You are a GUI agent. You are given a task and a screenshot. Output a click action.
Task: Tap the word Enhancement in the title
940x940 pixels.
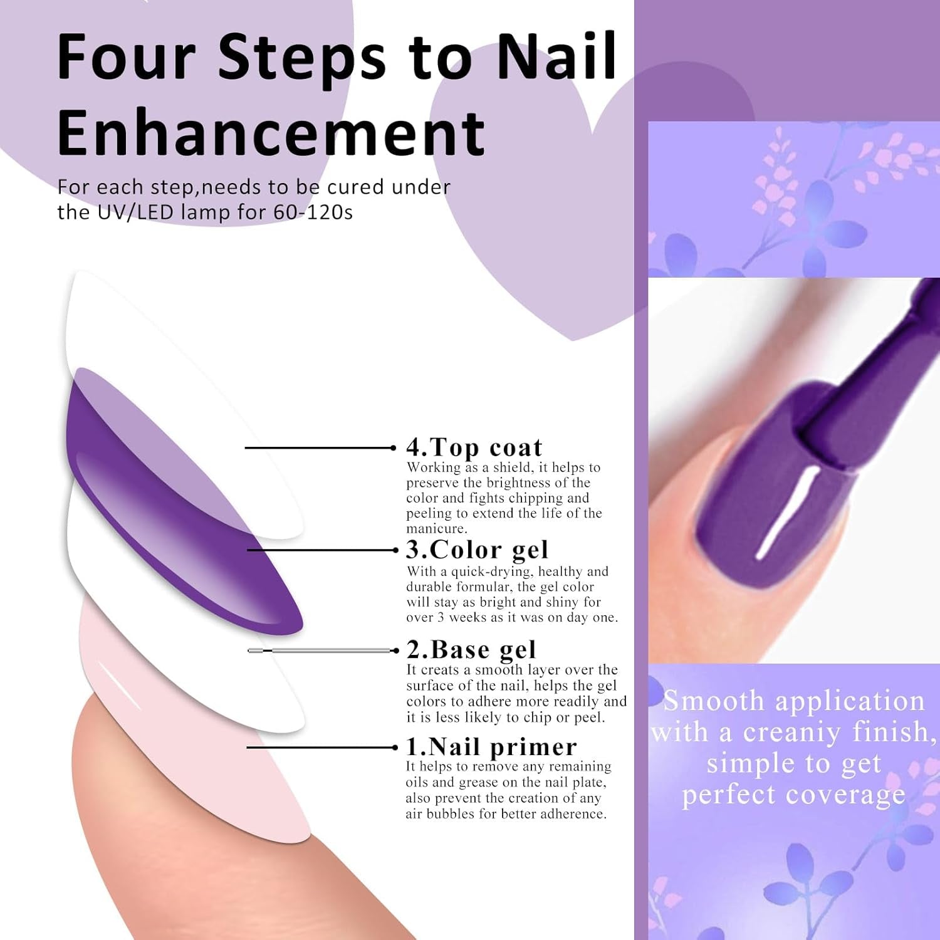[271, 132]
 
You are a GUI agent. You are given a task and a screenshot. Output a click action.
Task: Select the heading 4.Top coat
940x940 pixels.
[474, 447]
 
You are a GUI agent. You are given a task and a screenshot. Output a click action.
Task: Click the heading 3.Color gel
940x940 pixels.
[477, 550]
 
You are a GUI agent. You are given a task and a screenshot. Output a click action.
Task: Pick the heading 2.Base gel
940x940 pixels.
[471, 650]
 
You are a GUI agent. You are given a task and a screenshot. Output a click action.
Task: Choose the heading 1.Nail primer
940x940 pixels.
[491, 746]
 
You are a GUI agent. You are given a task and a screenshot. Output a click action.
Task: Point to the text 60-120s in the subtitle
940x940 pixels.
[313, 212]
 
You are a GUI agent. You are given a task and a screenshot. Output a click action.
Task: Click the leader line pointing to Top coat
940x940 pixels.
[320, 447]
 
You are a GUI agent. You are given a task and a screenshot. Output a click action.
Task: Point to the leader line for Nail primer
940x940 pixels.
[322, 747]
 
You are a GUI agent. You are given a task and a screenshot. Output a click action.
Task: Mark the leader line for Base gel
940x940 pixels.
[323, 650]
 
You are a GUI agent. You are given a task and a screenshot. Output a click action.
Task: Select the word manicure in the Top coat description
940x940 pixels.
[436, 529]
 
